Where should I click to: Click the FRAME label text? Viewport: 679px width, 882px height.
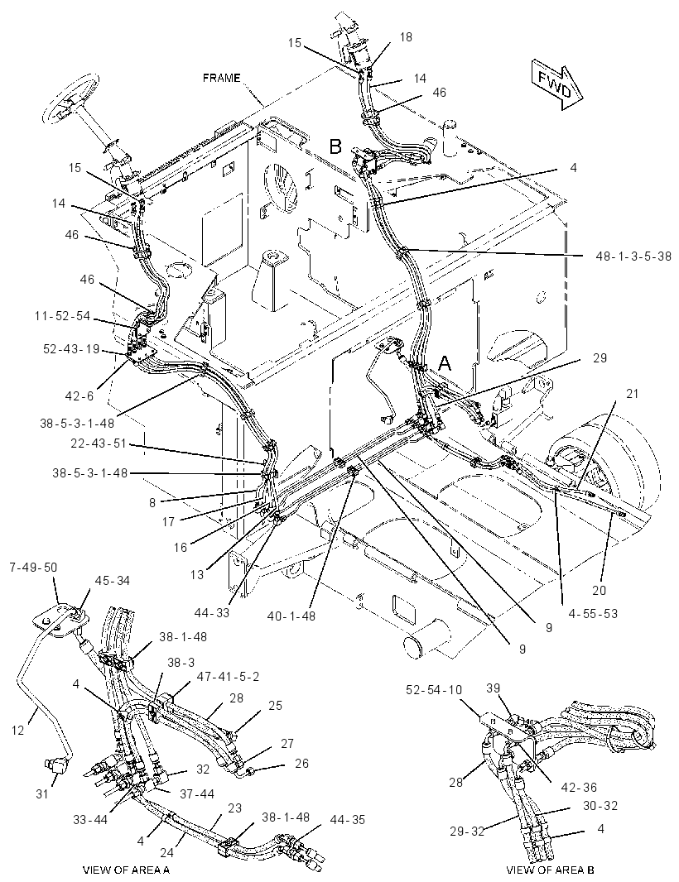pyautogui.click(x=221, y=78)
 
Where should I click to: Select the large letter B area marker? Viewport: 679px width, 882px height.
pyautogui.click(x=335, y=146)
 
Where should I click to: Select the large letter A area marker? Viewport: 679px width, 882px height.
pyautogui.click(x=445, y=364)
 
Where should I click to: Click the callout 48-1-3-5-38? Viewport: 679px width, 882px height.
pyautogui.click(x=633, y=256)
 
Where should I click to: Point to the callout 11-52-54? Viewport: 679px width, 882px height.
pyautogui.click(x=62, y=316)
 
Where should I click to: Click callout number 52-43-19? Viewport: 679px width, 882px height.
pyautogui.click(x=71, y=349)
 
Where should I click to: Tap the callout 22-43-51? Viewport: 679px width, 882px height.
pyautogui.click(x=99, y=444)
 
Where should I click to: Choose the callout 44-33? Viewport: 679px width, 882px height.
pyautogui.click(x=212, y=612)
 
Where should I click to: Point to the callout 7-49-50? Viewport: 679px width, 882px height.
pyautogui.click(x=33, y=567)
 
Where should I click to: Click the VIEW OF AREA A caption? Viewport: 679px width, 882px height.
pyautogui.click(x=126, y=870)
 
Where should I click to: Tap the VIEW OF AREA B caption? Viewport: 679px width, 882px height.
pyautogui.click(x=550, y=870)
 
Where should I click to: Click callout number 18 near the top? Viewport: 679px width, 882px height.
pyautogui.click(x=406, y=37)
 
